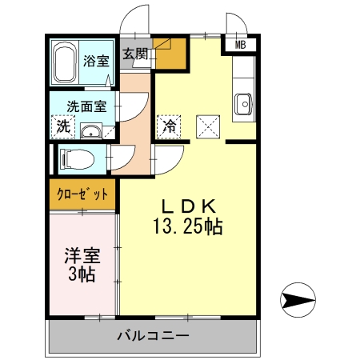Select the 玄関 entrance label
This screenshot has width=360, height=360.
(x=135, y=54)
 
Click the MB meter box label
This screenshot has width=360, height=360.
(x=240, y=45)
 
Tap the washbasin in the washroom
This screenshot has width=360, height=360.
(x=91, y=130)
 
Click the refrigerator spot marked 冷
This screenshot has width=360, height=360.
(x=170, y=126)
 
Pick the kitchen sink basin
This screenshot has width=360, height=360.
(x=243, y=102)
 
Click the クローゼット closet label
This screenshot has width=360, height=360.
(x=82, y=194)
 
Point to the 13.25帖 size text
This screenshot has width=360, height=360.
(x=188, y=227)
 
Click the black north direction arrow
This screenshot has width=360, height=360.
(x=297, y=301)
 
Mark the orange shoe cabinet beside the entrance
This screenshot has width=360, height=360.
(x=170, y=54)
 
